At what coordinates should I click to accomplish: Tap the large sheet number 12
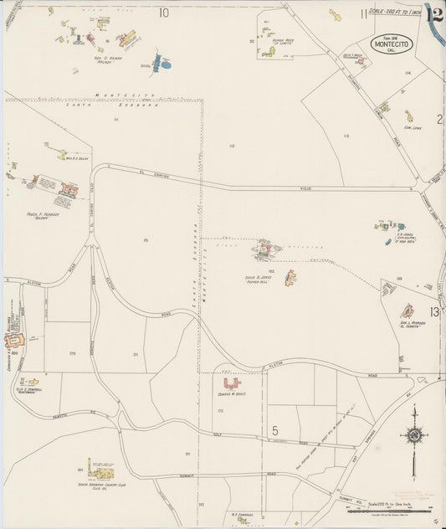click(x=433, y=13)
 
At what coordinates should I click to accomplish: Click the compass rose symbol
click(x=413, y=435)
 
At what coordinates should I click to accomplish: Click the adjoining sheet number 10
click(x=163, y=12)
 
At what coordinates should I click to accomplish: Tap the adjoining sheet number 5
click(x=274, y=430)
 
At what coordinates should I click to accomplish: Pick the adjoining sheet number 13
click(x=433, y=312)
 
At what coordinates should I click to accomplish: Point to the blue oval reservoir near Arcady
click(x=166, y=64)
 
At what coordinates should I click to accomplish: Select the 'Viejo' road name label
click(x=305, y=189)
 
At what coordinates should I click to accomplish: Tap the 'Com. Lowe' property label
click(x=411, y=128)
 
